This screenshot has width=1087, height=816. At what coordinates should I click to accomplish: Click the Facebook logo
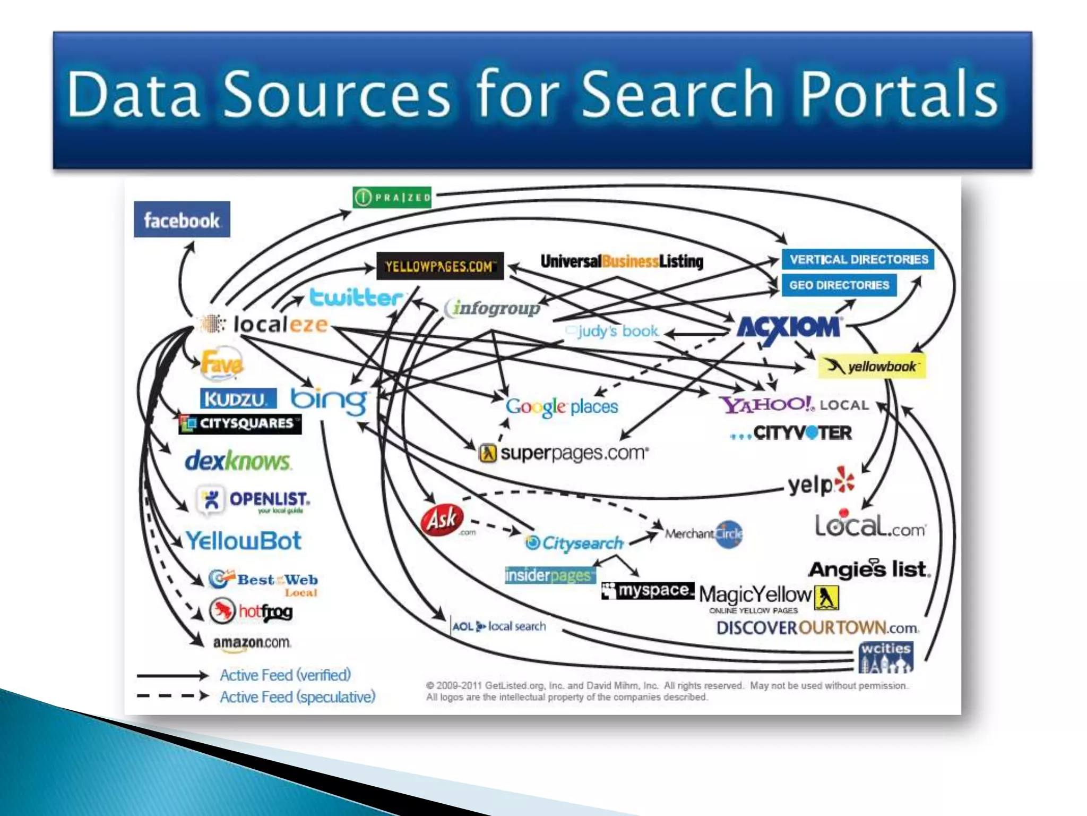pyautogui.click(x=182, y=219)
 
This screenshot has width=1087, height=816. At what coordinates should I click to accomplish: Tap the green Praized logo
pyautogui.click(x=392, y=198)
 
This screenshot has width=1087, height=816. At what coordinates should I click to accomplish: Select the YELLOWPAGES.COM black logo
pyautogui.click(x=439, y=266)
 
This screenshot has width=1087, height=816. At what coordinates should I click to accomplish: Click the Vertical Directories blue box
pyautogui.click(x=858, y=259)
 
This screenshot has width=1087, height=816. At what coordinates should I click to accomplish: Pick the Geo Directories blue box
pyautogui.click(x=839, y=285)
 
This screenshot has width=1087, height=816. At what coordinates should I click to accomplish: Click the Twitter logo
pyautogui.click(x=356, y=297)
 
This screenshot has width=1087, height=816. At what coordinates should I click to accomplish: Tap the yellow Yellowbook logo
pyautogui.click(x=872, y=367)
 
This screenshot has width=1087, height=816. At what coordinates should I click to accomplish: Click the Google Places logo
pyautogui.click(x=562, y=407)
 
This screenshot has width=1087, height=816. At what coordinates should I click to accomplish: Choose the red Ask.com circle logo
pyautogui.click(x=442, y=519)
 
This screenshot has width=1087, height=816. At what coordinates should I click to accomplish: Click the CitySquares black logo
pyautogui.click(x=240, y=423)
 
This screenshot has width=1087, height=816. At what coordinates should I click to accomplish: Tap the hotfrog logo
pyautogui.click(x=251, y=611)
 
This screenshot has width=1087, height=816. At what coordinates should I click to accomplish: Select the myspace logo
pyautogui.click(x=648, y=590)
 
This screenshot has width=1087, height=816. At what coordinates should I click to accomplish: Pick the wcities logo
pyautogui.click(x=886, y=657)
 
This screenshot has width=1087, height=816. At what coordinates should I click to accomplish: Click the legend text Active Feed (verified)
pyautogui.click(x=286, y=675)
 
